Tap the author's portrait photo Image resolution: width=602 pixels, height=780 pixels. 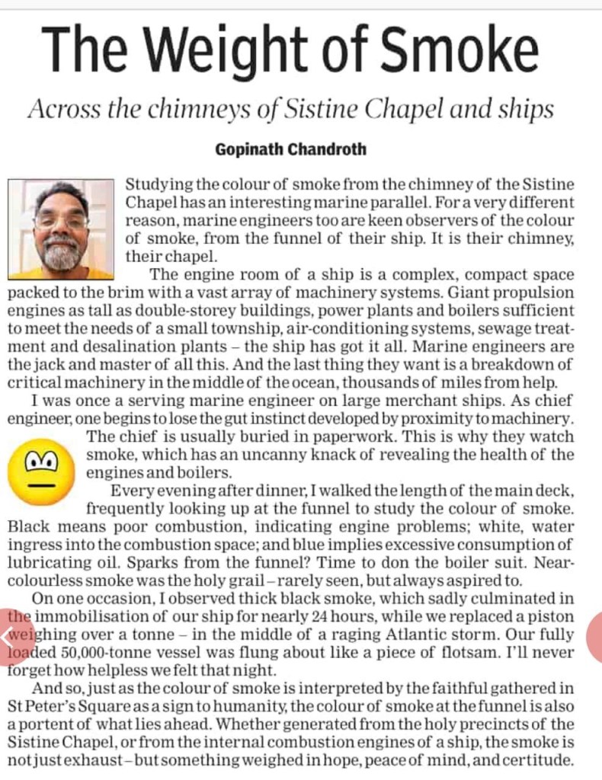click(60, 229)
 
